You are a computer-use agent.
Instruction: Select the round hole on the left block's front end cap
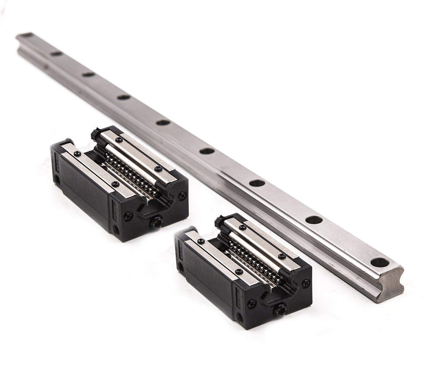click(x=116, y=229)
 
